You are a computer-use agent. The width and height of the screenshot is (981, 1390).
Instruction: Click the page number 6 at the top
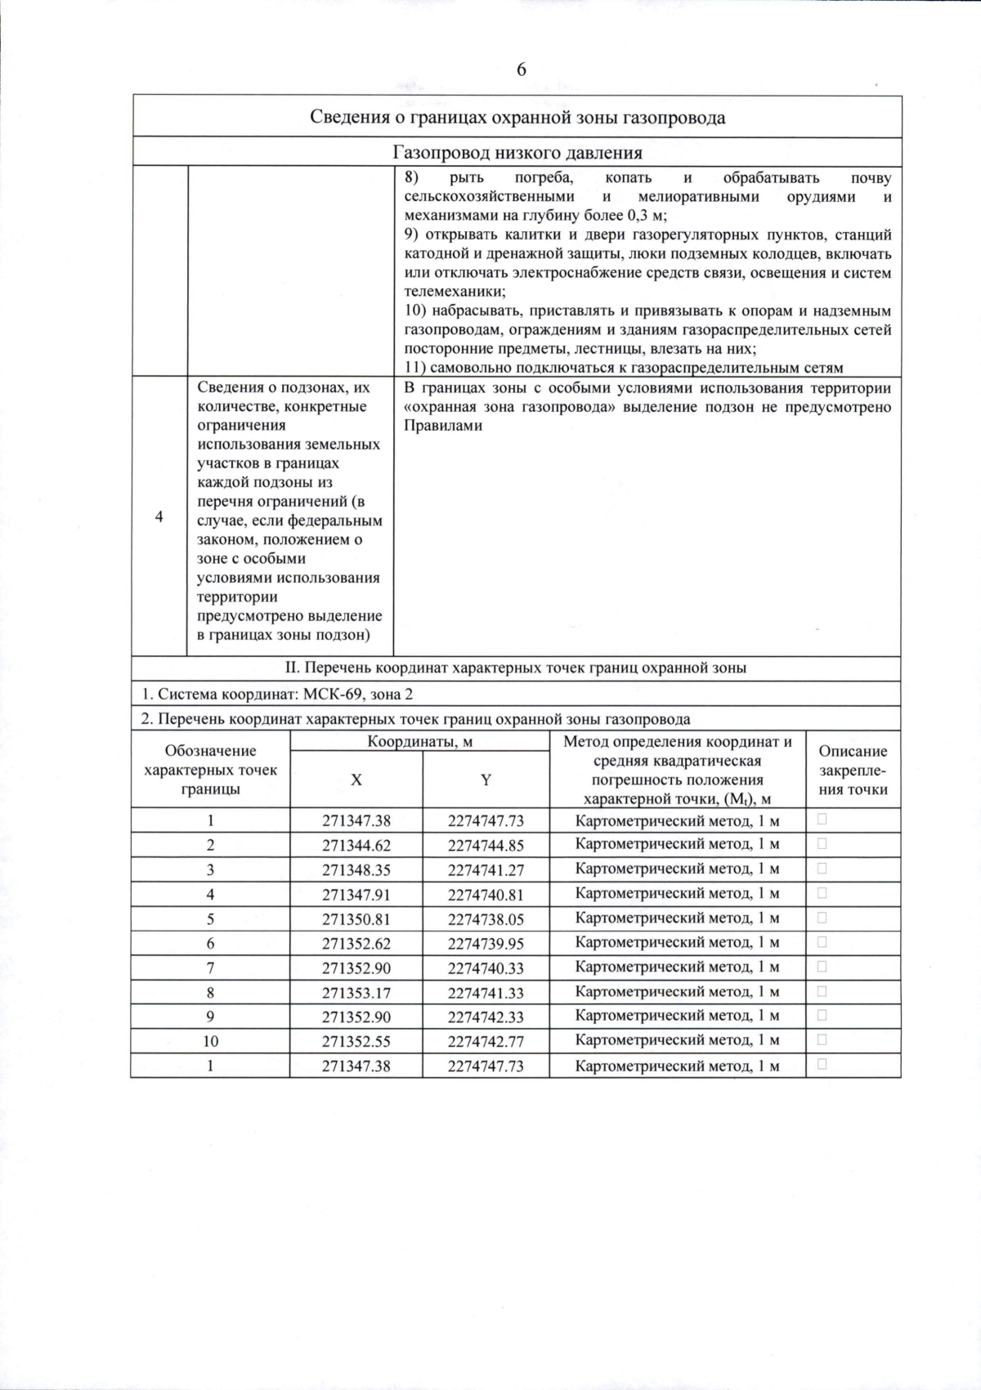point(521,70)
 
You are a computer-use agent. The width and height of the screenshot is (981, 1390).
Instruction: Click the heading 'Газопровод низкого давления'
point(517,153)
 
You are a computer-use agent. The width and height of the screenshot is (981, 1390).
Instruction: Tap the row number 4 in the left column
point(159,516)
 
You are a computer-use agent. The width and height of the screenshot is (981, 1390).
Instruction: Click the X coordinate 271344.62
point(356,845)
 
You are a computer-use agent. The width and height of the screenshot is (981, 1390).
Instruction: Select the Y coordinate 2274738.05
point(486,918)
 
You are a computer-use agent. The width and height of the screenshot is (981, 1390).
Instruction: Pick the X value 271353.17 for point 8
point(356,992)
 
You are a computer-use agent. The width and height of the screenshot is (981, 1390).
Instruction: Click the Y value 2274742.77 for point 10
point(486,1041)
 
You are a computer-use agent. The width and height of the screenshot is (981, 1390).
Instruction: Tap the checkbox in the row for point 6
point(822,941)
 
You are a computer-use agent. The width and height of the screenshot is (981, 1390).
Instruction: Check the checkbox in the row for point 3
point(822,868)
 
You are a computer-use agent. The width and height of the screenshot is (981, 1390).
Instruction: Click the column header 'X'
point(356,780)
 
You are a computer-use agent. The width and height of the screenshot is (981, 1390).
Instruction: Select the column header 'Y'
point(486,780)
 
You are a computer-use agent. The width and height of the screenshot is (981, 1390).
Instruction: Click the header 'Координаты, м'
point(419,742)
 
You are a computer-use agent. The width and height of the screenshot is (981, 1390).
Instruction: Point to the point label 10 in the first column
point(210,1041)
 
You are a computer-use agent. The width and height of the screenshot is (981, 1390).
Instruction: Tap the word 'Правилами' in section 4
point(443,426)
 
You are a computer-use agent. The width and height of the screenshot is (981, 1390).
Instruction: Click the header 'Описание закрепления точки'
point(853,770)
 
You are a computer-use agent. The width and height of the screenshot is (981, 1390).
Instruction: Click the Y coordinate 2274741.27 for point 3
point(486,869)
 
